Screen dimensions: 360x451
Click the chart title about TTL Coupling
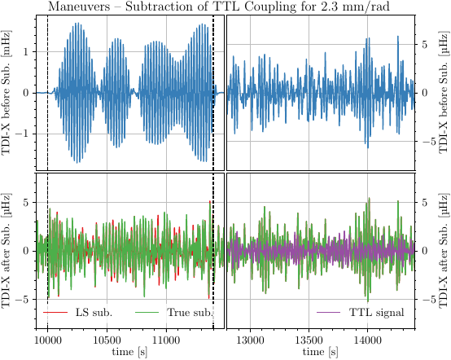[225, 7]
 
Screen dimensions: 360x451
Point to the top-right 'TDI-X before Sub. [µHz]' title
[444, 92]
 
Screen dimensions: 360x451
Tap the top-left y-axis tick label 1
[26, 51]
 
